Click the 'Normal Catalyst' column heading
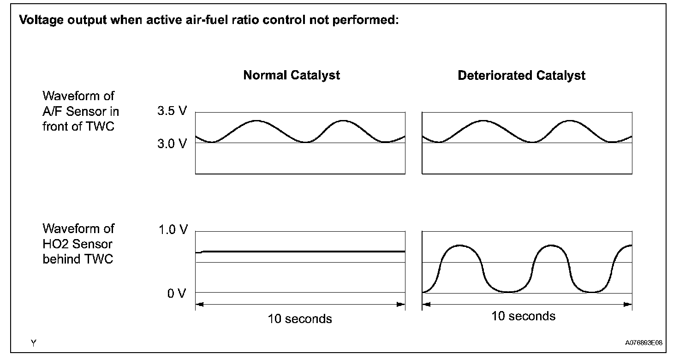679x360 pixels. click(292, 76)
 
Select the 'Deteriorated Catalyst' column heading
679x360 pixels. click(521, 76)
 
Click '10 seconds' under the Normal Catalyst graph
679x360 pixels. click(300, 319)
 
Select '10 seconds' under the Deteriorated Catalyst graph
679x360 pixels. click(523, 316)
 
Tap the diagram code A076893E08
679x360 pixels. click(643, 343)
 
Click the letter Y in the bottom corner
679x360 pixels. click(34, 343)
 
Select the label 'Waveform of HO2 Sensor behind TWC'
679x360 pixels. click(78, 244)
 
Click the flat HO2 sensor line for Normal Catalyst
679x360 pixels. click(300, 252)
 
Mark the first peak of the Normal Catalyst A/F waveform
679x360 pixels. click(256, 121)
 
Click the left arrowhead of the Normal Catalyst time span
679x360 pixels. click(199, 304)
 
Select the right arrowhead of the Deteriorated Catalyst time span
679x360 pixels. click(628, 304)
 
